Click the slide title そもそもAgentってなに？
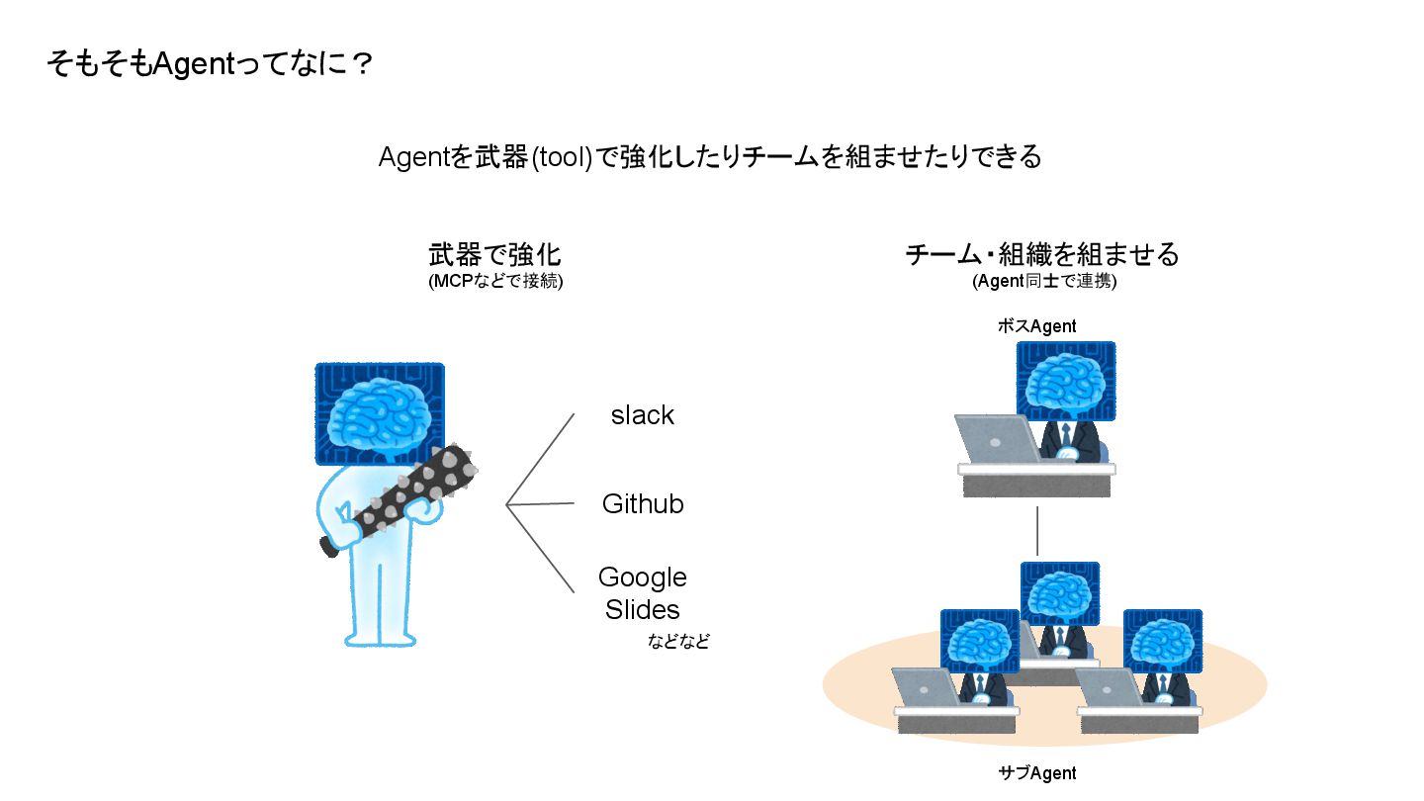(209, 65)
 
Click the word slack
(642, 415)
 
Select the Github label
(643, 504)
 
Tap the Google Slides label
(643, 592)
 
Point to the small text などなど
(678, 641)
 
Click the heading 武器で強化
(494, 254)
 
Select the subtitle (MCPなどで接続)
(495, 281)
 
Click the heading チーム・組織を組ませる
(1042, 254)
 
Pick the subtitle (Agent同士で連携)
(1043, 281)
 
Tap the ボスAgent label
(1035, 325)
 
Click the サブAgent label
(1036, 772)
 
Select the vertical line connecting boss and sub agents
(1037, 531)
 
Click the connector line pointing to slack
(540, 459)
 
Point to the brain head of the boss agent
(1066, 381)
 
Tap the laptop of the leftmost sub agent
(926, 687)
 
